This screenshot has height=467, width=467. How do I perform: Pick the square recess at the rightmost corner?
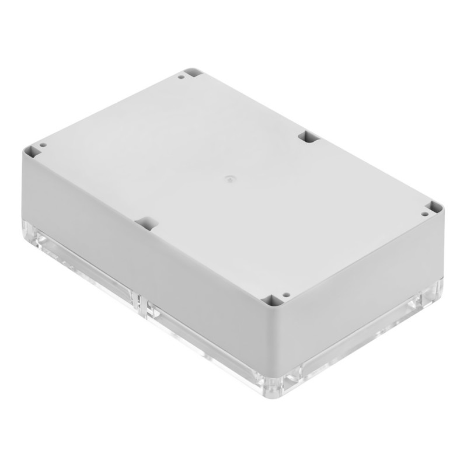435,208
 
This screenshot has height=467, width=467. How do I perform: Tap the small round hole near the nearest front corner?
285,295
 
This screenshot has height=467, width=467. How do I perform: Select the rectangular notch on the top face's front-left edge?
147,223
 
